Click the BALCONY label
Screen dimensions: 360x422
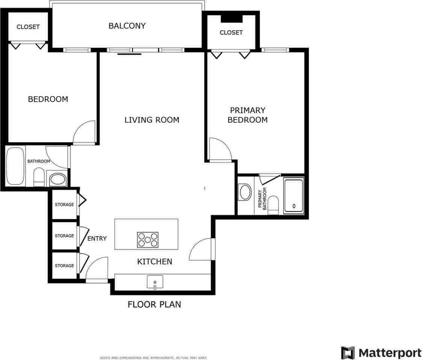coord(127,26)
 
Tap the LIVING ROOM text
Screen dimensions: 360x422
coord(152,120)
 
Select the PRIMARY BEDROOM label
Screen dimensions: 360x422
coord(247,115)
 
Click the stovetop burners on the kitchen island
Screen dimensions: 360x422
coord(148,240)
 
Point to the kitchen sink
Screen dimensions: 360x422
coord(155,282)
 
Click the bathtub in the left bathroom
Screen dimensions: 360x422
coord(15,166)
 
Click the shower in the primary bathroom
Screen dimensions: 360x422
coord(294,196)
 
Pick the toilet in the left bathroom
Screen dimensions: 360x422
coord(39,177)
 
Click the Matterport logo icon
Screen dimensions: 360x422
coord(348,353)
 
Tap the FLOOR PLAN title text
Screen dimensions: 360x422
coord(154,304)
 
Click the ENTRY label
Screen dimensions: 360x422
coord(97,238)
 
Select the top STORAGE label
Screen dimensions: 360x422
coord(65,205)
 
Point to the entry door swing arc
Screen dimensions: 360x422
coord(96,268)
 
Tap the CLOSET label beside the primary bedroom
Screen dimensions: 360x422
coord(231,33)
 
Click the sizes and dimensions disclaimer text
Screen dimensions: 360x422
coord(154,358)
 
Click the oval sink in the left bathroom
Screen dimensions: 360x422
coord(57,179)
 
